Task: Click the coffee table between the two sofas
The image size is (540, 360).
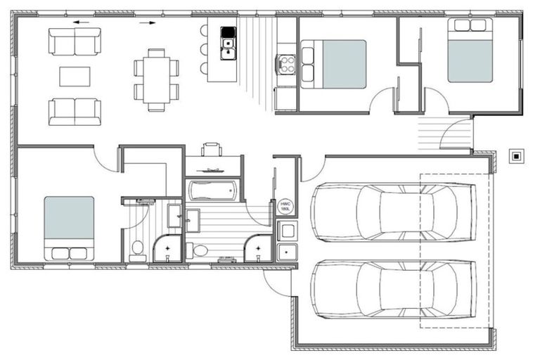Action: pyautogui.click(x=75, y=76)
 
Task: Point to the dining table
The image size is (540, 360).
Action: pyautogui.click(x=156, y=79)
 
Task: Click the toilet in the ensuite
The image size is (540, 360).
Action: pyautogui.click(x=138, y=247)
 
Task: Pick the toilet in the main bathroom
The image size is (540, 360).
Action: pyautogui.click(x=200, y=250)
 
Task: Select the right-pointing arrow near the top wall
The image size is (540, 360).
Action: pyautogui.click(x=147, y=22)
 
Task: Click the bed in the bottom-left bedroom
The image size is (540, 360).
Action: pyautogui.click(x=69, y=226)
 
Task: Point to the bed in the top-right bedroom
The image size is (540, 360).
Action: pyautogui.click(x=470, y=51)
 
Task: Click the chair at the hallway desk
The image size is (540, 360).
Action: pyautogui.click(x=212, y=150)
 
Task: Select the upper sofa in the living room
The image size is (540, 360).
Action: pyautogui.click(x=75, y=41)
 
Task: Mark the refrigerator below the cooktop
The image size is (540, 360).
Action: pyautogui.click(x=285, y=98)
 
